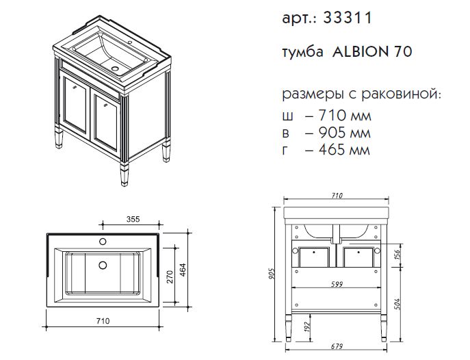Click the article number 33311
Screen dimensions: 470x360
pos(348,18)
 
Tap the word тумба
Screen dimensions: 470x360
pos(303,52)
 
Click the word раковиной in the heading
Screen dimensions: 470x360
pos(402,94)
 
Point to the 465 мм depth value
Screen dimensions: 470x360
pos(344,149)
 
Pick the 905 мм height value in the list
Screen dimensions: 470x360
pos(344,132)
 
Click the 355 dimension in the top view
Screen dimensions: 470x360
pos(133,219)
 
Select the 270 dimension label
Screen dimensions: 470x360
pos(170,277)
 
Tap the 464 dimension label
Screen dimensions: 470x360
pos(183,270)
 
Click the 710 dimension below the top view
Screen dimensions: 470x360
pos(103,321)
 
